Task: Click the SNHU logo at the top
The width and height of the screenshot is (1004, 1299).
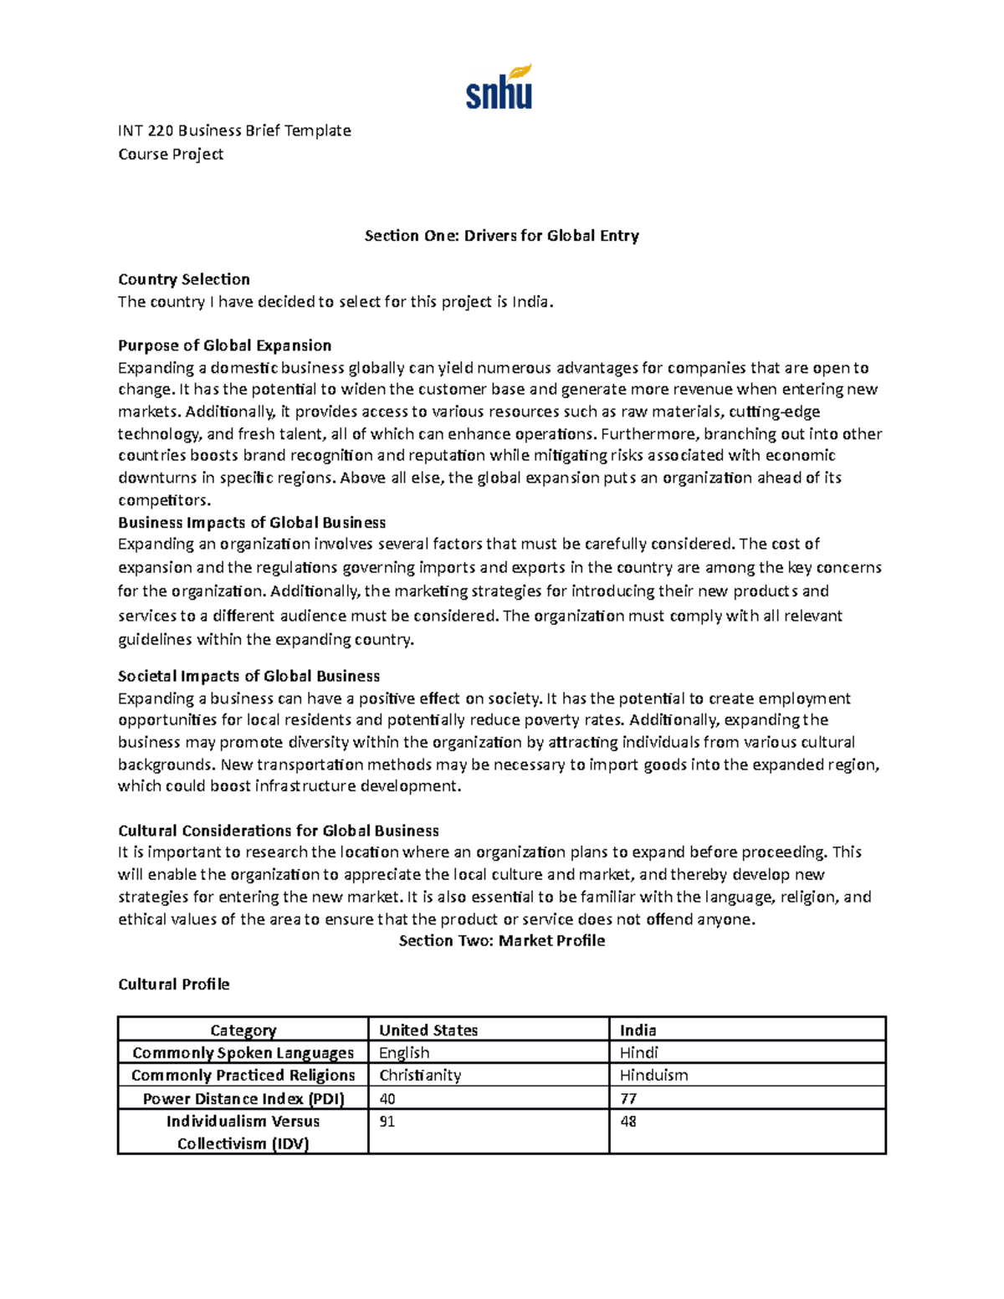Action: [499, 87]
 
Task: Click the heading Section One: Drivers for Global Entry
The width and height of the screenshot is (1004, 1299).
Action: [501, 236]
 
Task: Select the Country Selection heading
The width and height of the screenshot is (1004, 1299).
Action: [184, 279]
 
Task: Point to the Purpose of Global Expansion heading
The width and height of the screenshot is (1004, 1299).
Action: [224, 345]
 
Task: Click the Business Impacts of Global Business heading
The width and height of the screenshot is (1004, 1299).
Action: [252, 523]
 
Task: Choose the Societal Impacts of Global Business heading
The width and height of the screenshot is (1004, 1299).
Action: [248, 676]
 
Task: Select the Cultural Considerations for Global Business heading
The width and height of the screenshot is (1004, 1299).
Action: [278, 831]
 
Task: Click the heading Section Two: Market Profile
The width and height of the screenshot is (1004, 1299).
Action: [501, 941]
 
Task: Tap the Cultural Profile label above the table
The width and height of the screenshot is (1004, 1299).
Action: [173, 984]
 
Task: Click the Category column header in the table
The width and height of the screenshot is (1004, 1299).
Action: [243, 1031]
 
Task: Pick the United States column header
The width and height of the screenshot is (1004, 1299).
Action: [428, 1031]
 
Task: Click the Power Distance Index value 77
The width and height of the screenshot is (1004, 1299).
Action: [628, 1098]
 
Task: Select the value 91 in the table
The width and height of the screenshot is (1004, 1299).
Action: [387, 1122]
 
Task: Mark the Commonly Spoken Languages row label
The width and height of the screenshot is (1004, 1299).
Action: [243, 1053]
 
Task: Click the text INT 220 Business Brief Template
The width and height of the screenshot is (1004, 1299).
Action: [234, 130]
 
